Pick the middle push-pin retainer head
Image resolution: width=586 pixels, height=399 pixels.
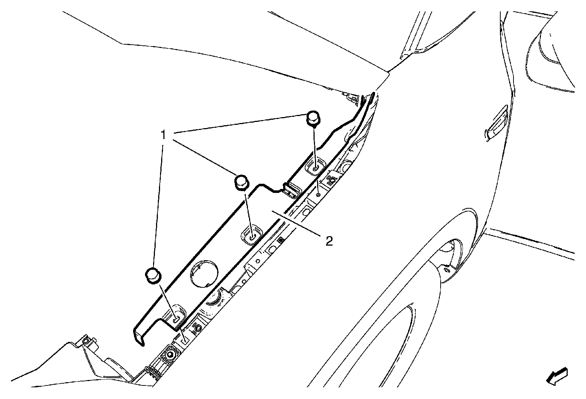click(241, 182)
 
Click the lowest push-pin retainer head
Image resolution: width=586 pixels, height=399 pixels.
click(153, 275)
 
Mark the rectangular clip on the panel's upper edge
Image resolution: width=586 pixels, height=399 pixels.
click(292, 190)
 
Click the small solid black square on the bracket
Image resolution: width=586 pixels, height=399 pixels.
click(281, 240)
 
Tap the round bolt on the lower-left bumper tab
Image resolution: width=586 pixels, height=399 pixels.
click(86, 341)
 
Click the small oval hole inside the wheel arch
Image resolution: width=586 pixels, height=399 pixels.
click(446, 270)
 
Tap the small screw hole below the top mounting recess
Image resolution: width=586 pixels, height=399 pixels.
click(319, 195)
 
